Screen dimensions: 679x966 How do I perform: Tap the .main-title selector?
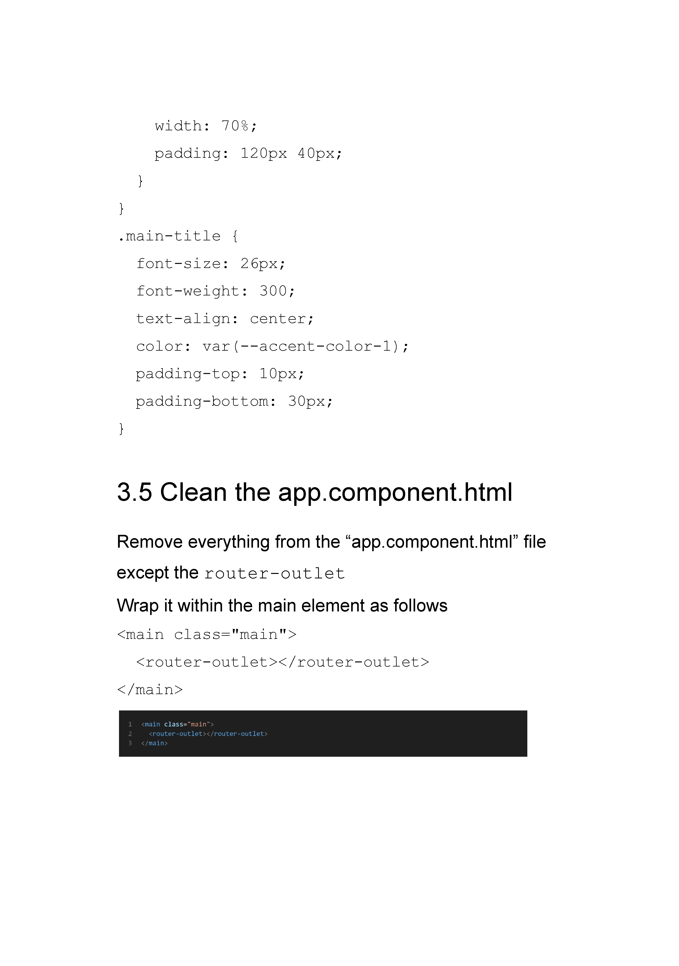tap(169, 236)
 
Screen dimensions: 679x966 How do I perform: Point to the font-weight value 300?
tap(273, 291)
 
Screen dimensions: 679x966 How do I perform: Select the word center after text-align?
tap(278, 319)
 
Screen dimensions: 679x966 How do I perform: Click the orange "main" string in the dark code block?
tap(199, 724)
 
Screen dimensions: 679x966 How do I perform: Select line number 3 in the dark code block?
tap(130, 743)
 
